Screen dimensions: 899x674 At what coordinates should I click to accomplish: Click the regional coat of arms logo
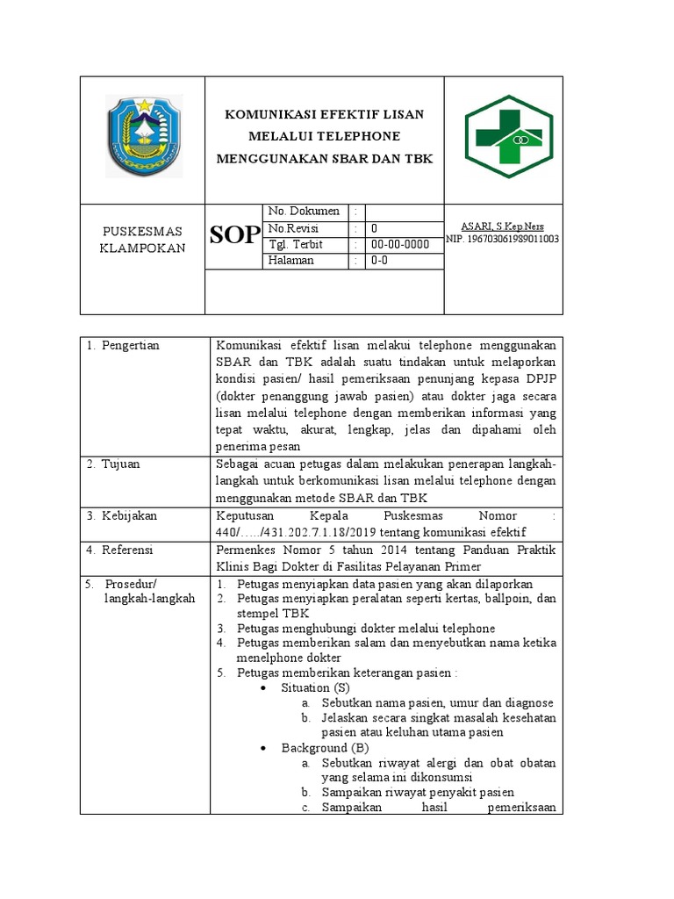pyautogui.click(x=144, y=136)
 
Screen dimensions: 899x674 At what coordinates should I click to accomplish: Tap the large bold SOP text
pyautogui.click(x=234, y=234)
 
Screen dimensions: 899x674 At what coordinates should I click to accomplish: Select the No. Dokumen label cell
pyautogui.click(x=304, y=212)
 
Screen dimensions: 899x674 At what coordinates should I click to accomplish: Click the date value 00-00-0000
pyautogui.click(x=400, y=244)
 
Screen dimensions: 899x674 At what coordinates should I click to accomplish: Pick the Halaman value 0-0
pyautogui.click(x=379, y=261)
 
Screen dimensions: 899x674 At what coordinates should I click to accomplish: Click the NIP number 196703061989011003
pyautogui.click(x=503, y=239)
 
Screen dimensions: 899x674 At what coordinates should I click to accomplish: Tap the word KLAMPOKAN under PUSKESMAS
pyautogui.click(x=142, y=248)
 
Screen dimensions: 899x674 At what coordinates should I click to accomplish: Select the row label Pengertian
pyautogui.click(x=127, y=346)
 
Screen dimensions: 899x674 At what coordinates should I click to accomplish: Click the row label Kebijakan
pyautogui.click(x=125, y=515)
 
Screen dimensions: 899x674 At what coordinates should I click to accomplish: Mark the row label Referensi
pyautogui.click(x=125, y=550)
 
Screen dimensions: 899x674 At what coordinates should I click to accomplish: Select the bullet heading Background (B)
pyautogui.click(x=325, y=747)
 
